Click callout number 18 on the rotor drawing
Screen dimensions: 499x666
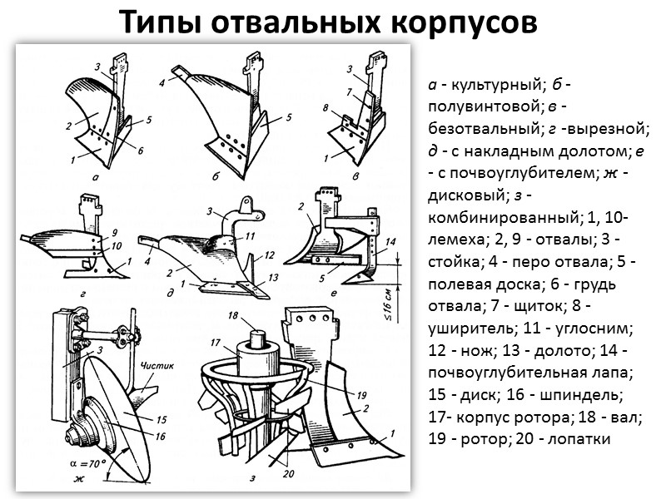click(x=234, y=317)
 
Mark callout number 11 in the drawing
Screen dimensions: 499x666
click(x=250, y=236)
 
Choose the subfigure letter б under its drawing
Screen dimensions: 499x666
click(x=216, y=176)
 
